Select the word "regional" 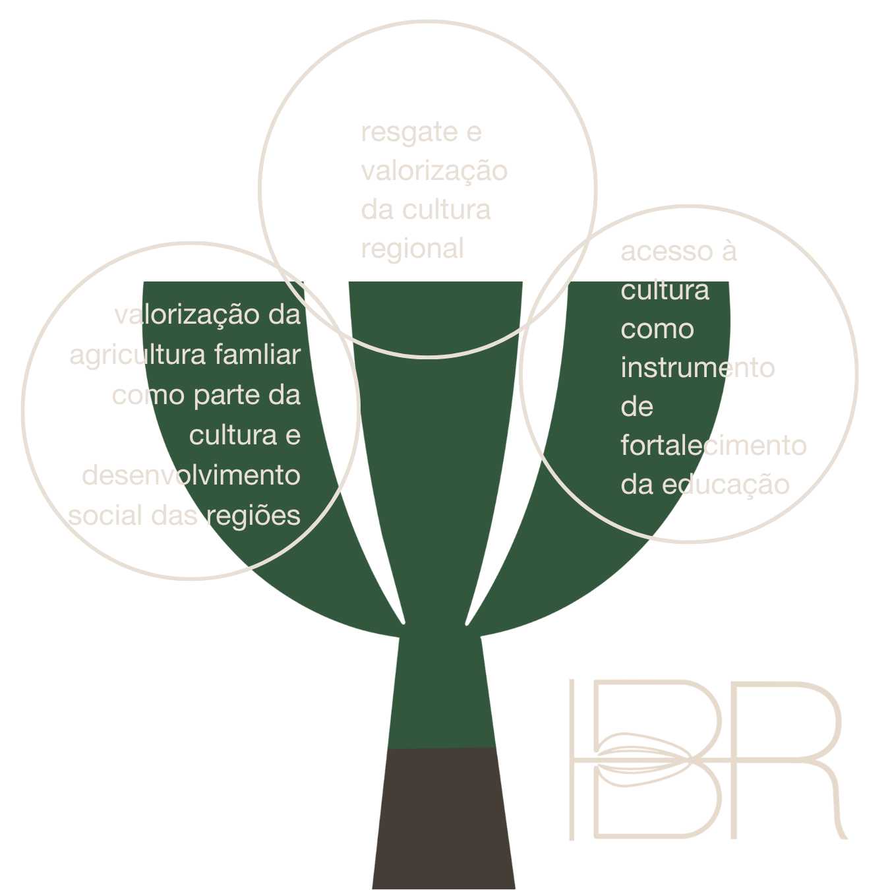412,249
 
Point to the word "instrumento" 697,368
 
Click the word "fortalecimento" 713,446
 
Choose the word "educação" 725,485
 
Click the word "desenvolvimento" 191,475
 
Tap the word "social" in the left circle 105,516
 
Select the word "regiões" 253,516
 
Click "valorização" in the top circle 434,171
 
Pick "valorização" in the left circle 187,315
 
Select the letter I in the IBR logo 572,758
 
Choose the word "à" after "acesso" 728,251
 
